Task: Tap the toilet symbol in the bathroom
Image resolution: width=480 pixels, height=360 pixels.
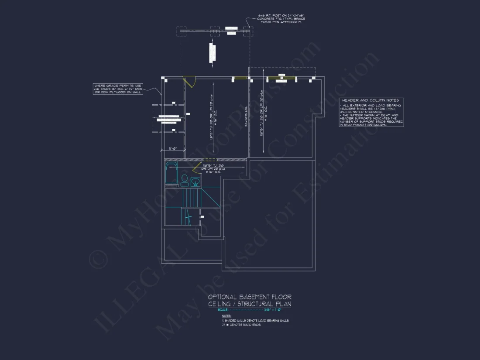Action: pos(185,179)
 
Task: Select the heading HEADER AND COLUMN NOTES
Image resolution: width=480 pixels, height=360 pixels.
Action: pos(370,100)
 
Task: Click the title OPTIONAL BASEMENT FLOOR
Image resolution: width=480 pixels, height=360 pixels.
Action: pos(250,297)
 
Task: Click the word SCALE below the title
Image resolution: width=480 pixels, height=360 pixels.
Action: pos(223,310)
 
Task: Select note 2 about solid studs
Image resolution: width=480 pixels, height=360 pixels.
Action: pos(242,325)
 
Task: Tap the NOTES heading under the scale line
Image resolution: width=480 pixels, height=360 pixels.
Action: pos(226,315)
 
